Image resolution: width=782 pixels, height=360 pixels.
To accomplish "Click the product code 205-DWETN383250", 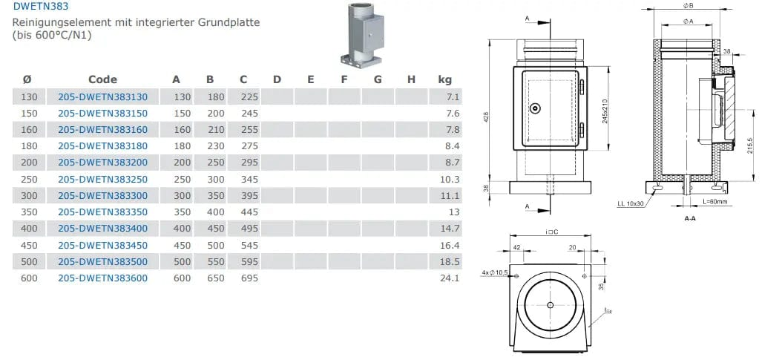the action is [102, 179].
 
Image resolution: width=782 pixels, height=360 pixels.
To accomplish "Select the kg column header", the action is [445, 79].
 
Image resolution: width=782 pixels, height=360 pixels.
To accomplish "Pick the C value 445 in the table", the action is [249, 212].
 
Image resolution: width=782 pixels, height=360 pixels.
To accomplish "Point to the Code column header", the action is [102, 79].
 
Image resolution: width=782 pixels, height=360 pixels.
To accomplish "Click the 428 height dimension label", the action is [486, 117].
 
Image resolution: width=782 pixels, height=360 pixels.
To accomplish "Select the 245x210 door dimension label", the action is [605, 111].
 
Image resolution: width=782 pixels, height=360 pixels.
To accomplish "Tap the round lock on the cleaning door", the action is [536, 108].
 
